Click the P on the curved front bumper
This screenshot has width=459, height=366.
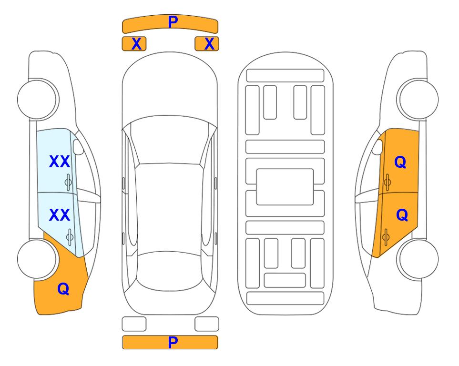[x=173, y=21]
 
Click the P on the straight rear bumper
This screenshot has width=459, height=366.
[x=173, y=342]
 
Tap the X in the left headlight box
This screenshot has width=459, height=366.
[x=136, y=44]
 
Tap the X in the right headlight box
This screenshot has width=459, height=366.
[x=209, y=44]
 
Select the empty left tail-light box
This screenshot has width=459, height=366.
[x=134, y=324]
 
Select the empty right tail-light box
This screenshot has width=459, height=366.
[x=207, y=324]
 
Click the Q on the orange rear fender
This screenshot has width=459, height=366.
[x=63, y=289]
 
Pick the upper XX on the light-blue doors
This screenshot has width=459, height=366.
[x=60, y=162]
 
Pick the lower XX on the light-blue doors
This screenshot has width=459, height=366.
[x=60, y=215]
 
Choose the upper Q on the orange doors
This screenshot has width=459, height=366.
[x=400, y=162]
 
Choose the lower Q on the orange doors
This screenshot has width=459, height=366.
[x=402, y=215]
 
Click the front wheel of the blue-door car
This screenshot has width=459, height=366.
[x=37, y=100]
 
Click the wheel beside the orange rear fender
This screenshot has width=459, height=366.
[x=37, y=259]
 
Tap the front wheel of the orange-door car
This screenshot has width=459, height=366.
[x=418, y=100]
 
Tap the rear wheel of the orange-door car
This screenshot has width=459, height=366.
[x=418, y=259]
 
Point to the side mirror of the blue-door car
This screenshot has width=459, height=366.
[x=78, y=147]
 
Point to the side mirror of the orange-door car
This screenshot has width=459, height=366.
[x=377, y=147]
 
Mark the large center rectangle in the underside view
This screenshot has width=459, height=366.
[x=285, y=187]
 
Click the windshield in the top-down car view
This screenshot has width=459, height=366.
[x=169, y=141]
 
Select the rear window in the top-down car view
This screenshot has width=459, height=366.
[x=169, y=271]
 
